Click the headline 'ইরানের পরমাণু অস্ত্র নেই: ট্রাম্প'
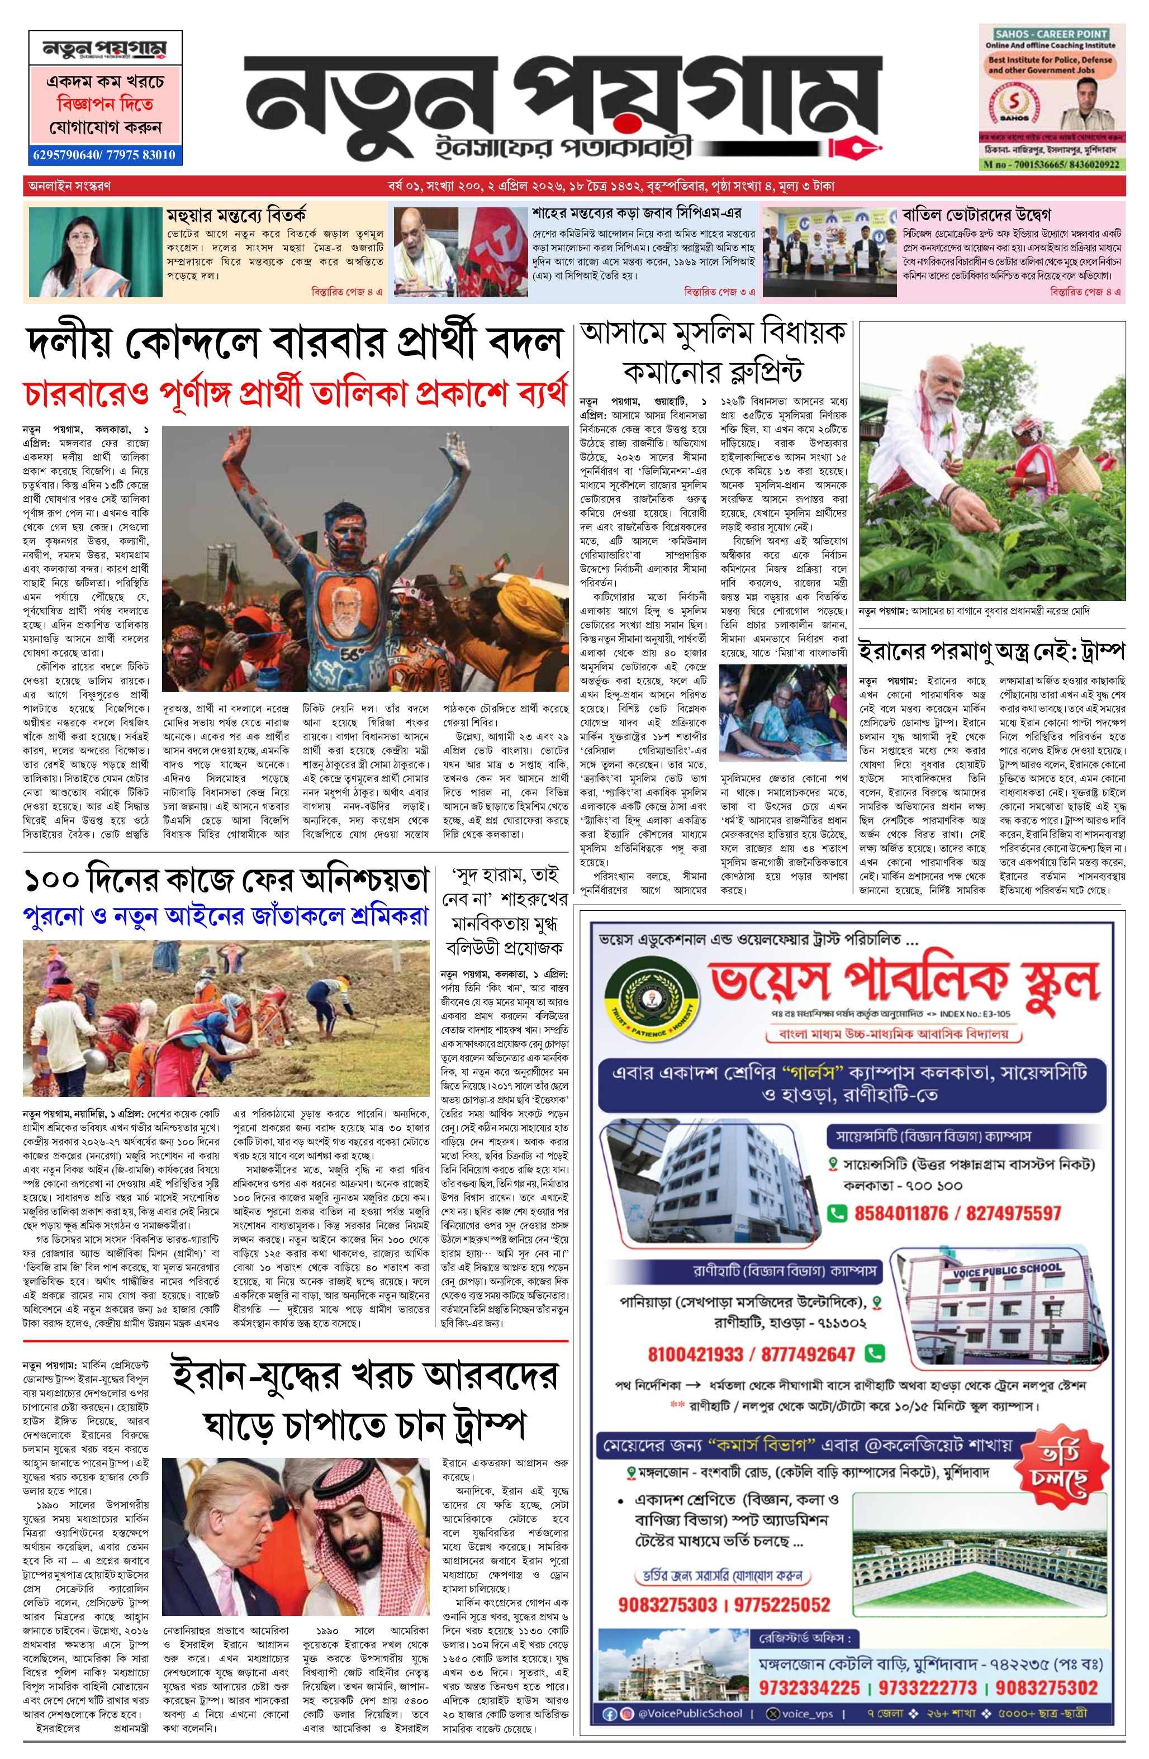[991, 652]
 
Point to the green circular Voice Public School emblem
[644, 1000]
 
